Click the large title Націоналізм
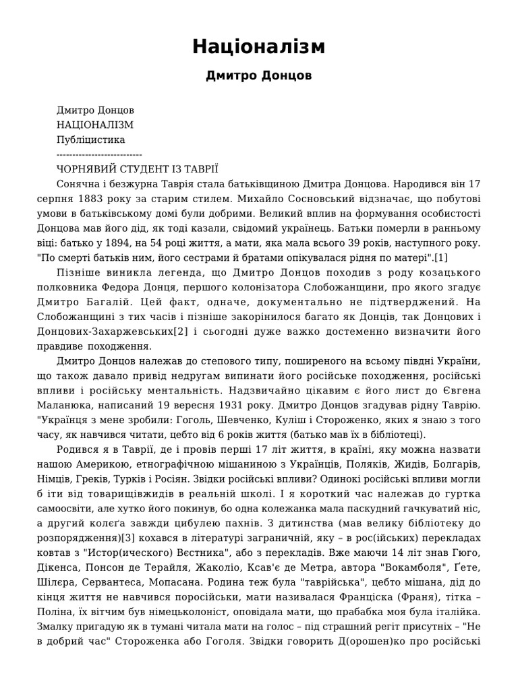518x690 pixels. pos(259,46)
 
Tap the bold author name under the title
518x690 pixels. pos(259,75)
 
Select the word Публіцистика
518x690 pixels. pos(90,139)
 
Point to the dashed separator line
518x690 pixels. pos(99,154)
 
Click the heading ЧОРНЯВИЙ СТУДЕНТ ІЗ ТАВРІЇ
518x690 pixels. pos(138,169)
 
